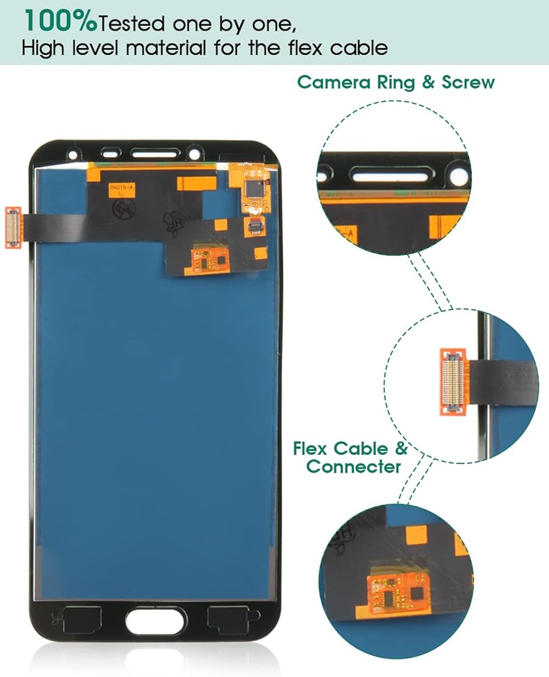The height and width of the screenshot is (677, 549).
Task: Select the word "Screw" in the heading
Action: pos(468,83)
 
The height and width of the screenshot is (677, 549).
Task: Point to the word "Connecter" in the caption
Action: pos(353,466)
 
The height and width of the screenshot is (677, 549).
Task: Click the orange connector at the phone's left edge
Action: pos(13,227)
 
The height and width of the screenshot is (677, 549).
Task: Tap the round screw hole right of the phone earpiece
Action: pos(194,152)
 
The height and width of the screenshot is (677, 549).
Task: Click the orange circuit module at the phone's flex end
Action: pos(207,259)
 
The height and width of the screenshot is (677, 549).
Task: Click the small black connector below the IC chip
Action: pos(255,227)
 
